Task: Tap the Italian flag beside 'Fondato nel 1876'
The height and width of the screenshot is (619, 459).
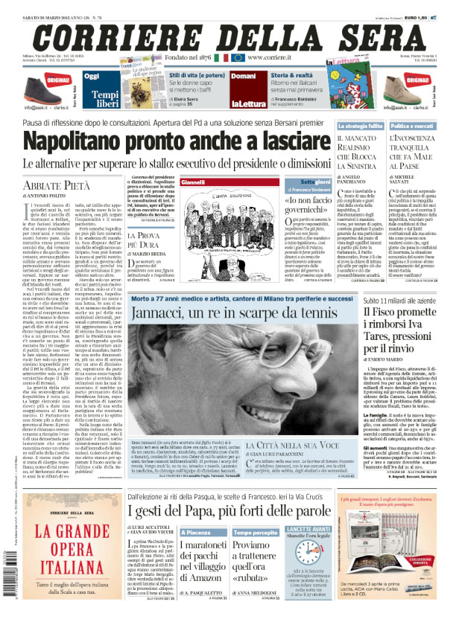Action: coord(221,57)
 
